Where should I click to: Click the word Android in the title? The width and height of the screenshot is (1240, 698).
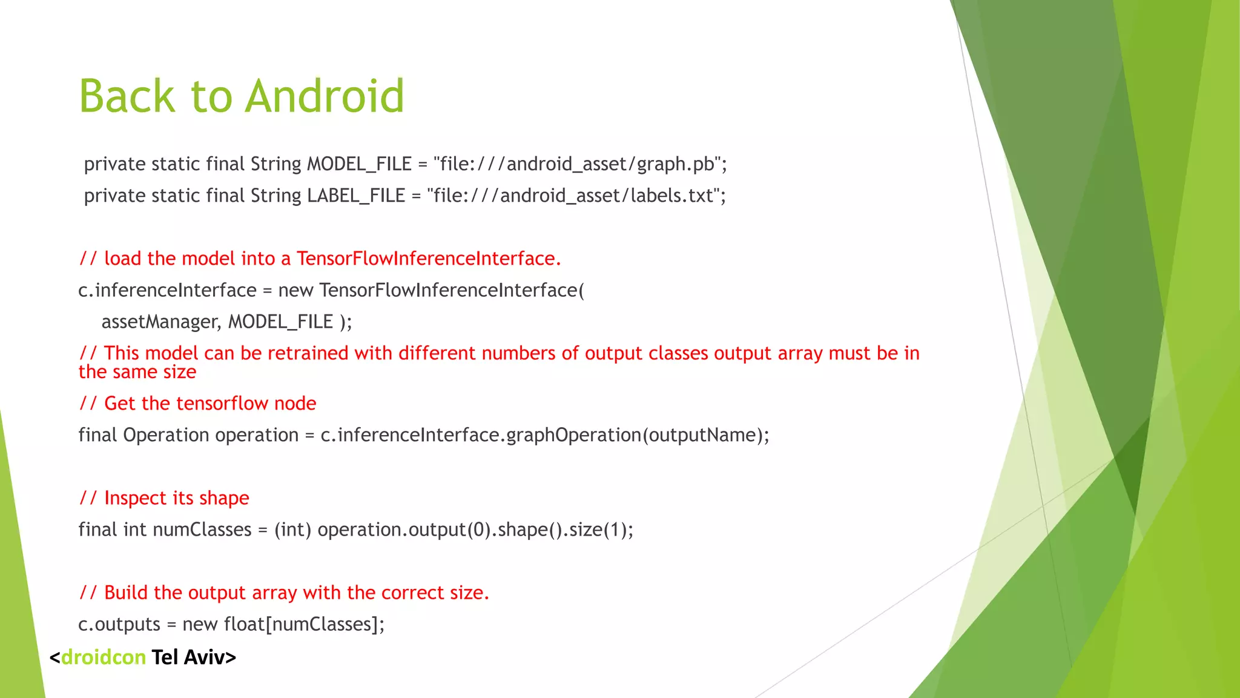click(325, 96)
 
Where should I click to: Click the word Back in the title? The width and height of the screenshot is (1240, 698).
click(127, 96)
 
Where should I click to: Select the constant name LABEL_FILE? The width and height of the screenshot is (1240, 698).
click(356, 196)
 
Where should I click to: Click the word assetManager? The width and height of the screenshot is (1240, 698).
click(160, 322)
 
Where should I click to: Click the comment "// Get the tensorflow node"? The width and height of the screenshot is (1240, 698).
click(197, 404)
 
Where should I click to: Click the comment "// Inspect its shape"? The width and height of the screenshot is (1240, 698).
click(164, 498)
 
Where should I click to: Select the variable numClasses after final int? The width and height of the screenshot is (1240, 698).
click(202, 530)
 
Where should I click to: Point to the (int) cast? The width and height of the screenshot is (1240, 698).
click(292, 530)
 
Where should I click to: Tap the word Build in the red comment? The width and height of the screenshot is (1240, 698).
click(126, 593)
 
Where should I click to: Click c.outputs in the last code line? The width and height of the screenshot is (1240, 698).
click(119, 624)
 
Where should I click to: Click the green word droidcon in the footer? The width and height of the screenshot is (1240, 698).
click(104, 657)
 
